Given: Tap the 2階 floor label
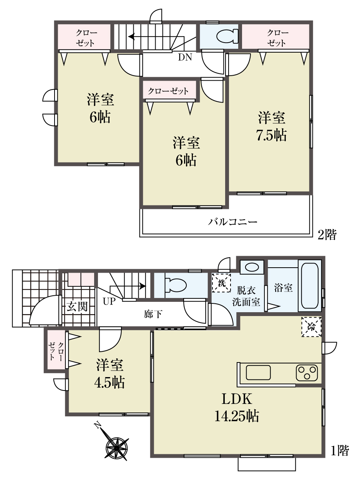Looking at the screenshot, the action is [x=327, y=235].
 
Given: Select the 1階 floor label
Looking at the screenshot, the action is [x=339, y=451].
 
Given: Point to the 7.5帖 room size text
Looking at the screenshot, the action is [x=271, y=135].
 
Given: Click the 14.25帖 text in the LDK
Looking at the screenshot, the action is [x=237, y=416].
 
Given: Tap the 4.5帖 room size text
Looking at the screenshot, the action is [x=109, y=382].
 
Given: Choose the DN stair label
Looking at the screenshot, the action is [x=185, y=57].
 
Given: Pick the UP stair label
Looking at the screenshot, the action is [x=109, y=301].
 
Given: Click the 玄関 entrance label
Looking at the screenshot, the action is [x=77, y=306].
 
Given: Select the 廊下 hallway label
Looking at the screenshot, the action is [x=153, y=314].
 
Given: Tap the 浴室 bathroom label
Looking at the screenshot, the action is [x=283, y=288].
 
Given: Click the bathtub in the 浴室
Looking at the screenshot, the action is [x=309, y=285].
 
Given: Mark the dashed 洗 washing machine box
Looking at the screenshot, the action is [x=221, y=283].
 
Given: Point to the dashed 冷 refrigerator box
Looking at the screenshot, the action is [x=311, y=327].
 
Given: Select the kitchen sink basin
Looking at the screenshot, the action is [x=258, y=372].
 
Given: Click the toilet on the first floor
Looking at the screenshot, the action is [x=175, y=285].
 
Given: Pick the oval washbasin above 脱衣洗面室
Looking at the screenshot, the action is [x=252, y=267].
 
